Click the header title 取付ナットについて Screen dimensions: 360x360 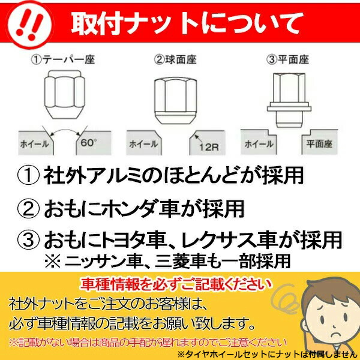coord(186,25)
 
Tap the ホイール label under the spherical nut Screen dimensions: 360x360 coord(143,144)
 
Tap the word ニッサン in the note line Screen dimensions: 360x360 coord(96,261)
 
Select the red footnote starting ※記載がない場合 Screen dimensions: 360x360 coord(144,343)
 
